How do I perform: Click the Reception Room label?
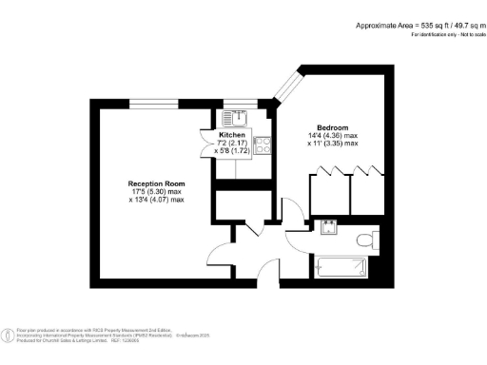tap(157, 182)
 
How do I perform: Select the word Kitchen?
tap(233, 135)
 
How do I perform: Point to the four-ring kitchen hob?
tap(263, 147)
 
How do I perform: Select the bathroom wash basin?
tap(328, 226)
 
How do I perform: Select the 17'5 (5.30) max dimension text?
tap(157, 191)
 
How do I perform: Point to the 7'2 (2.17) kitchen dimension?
tap(233, 143)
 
